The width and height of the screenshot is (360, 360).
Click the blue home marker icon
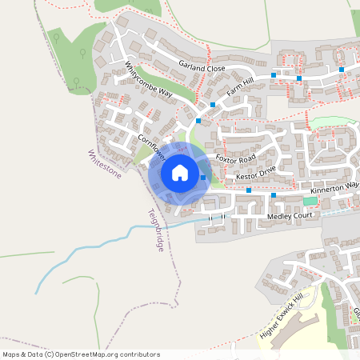(180, 173)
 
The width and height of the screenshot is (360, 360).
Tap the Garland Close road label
(202, 69)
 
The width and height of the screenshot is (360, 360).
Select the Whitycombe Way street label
(149, 81)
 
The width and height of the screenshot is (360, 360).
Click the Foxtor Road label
(235, 159)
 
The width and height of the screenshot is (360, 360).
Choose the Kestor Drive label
(255, 173)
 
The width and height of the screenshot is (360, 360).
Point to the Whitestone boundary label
(104, 163)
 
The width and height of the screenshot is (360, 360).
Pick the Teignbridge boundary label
(155, 231)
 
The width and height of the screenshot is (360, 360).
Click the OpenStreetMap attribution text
(81, 354)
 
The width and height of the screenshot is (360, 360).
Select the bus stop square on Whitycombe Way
(198, 120)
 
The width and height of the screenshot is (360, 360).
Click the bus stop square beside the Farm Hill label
(213, 104)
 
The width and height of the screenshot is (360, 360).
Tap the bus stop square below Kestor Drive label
(249, 190)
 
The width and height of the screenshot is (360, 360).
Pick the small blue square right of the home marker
(203, 177)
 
